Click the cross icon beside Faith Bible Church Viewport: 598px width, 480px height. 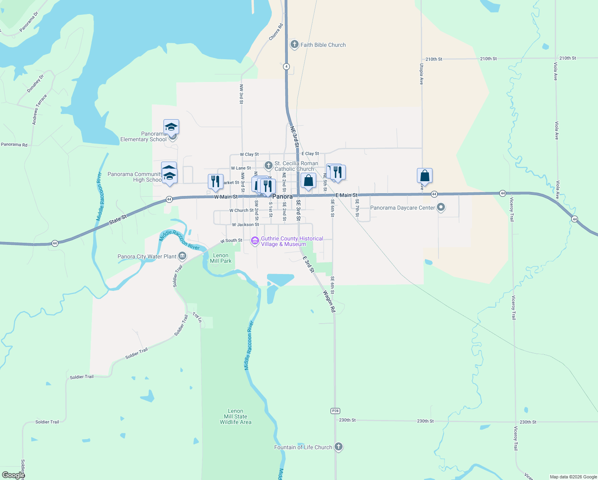(x=295, y=44)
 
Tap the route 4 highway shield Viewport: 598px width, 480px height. (x=286, y=66)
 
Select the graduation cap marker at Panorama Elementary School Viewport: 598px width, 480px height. (x=171, y=127)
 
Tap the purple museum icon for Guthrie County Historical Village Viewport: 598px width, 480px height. (x=255, y=241)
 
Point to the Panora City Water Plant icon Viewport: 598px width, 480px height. (x=182, y=256)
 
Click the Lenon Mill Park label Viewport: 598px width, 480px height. (x=221, y=258)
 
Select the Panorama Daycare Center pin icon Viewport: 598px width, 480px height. (x=441, y=207)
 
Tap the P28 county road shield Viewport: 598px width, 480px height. (x=335, y=411)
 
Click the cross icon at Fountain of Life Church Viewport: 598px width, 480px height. (x=339, y=447)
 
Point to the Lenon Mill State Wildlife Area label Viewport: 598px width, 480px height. (x=235, y=416)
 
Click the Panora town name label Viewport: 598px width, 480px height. (x=283, y=196)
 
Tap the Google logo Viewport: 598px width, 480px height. (x=13, y=475)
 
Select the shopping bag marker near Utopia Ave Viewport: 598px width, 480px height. (x=425, y=176)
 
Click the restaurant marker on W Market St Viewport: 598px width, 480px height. (x=215, y=182)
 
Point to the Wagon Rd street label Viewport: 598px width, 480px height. (x=330, y=301)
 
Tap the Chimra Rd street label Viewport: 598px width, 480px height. (x=276, y=32)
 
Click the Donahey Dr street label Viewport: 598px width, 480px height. (x=35, y=84)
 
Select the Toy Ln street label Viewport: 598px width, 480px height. (x=197, y=317)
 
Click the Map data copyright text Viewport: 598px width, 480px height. (x=573, y=477)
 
